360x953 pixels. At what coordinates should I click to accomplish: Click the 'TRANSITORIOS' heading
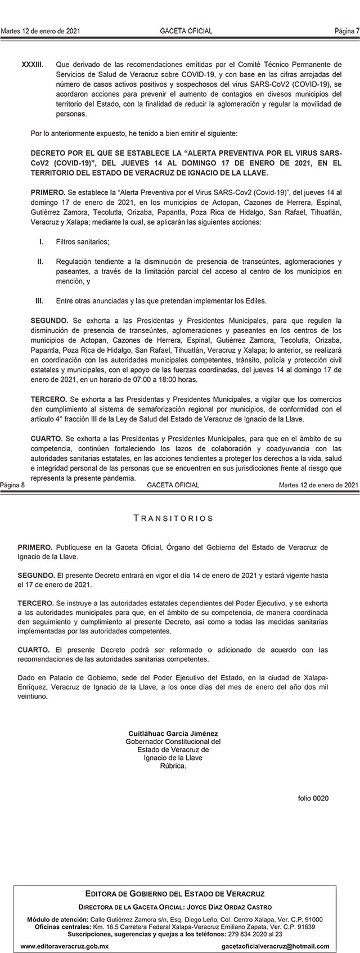click(173, 517)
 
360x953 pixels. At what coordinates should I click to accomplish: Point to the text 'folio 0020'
click(313, 798)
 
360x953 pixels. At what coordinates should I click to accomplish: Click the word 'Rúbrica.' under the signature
click(173, 765)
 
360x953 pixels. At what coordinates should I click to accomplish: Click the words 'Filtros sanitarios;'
click(82, 241)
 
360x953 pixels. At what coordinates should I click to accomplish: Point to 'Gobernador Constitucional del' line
click(173, 741)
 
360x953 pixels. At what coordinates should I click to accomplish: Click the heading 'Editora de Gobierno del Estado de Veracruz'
click(174, 893)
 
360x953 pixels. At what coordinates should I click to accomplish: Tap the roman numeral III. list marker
click(39, 299)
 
